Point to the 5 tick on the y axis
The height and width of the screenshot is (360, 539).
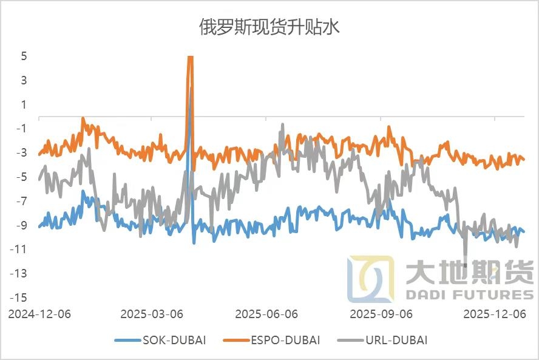tap(24, 56)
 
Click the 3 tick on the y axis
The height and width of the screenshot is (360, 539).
tap(24, 80)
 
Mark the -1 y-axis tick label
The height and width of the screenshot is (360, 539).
tap(22, 128)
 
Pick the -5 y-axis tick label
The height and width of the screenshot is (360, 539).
tap(22, 177)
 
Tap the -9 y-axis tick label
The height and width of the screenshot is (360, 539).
tap(22, 225)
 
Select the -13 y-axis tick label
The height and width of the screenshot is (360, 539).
tap(19, 273)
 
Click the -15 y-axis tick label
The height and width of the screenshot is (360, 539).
tap(19, 297)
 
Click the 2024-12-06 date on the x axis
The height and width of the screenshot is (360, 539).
tap(39, 314)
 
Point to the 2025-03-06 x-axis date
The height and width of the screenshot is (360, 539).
tap(152, 314)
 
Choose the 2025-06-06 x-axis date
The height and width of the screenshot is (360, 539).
tap(266, 314)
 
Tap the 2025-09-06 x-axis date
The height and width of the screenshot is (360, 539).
tap(381, 314)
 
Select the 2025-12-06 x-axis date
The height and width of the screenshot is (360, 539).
tap(494, 314)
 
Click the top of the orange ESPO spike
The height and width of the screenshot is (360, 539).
tap(190, 57)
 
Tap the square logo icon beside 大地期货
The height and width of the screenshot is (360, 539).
tap(370, 279)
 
